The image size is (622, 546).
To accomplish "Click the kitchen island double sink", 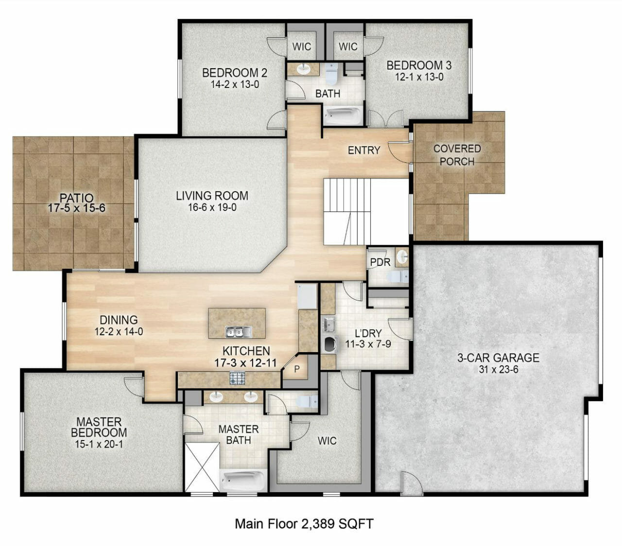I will click(238, 332).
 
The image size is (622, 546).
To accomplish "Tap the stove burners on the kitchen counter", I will click(238, 377).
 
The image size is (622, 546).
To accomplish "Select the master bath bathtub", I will click(243, 480).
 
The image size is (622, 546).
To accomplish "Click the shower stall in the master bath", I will click(202, 467).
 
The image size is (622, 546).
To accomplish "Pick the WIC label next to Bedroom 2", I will click(302, 47).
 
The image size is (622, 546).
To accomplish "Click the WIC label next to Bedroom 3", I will click(348, 47).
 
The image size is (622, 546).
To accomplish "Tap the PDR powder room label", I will click(380, 262).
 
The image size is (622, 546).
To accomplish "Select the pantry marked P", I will click(296, 370).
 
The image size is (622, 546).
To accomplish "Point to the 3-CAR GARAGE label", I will click(498, 358).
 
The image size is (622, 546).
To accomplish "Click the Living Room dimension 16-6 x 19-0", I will click(212, 208).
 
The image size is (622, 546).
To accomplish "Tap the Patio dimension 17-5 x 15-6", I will click(77, 209).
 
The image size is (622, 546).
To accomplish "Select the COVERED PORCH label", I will click(457, 155).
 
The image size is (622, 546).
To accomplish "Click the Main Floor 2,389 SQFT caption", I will click(304, 524).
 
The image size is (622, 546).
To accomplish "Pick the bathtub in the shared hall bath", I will click(343, 115).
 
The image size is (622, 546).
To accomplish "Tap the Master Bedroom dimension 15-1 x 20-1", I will click(99, 444).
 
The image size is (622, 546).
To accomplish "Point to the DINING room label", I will click(119, 320).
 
